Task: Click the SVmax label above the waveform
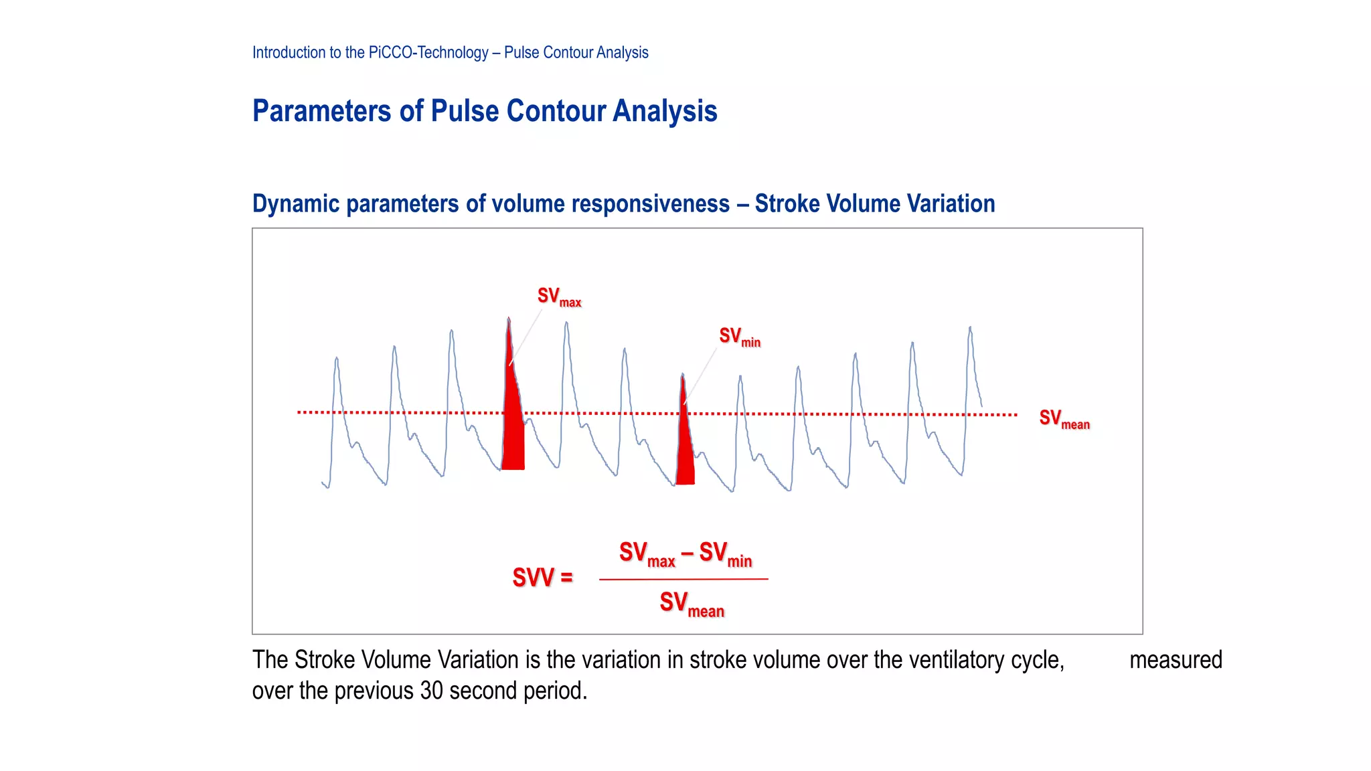click(x=559, y=296)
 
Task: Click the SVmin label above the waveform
click(x=739, y=337)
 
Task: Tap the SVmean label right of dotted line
click(x=1064, y=419)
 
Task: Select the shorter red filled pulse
click(x=685, y=445)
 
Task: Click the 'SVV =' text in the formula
click(x=542, y=578)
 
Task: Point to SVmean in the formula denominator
click(x=692, y=604)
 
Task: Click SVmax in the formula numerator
click(x=647, y=554)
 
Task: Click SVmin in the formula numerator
click(x=726, y=554)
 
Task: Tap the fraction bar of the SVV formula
click(x=683, y=579)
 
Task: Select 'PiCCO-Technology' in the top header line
click(x=428, y=52)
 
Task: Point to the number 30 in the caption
click(x=432, y=691)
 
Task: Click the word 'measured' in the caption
click(x=1176, y=660)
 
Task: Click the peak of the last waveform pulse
click(x=970, y=328)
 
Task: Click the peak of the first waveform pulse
click(x=336, y=359)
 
